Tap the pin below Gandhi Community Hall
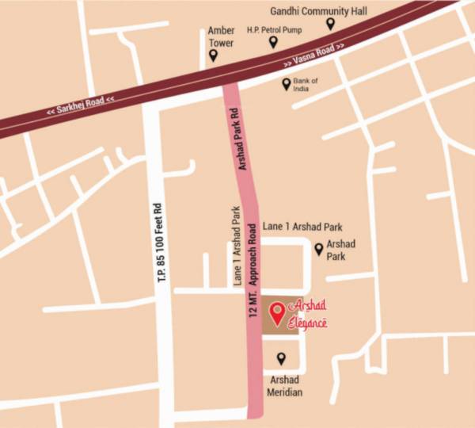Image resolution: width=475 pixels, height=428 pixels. click(x=330, y=24)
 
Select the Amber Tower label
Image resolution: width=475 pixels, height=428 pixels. click(x=221, y=36)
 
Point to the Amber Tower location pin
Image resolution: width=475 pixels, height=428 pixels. click(x=213, y=55)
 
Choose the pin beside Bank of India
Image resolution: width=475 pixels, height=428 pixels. click(x=287, y=84)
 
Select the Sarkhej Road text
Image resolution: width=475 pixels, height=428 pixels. click(x=80, y=105)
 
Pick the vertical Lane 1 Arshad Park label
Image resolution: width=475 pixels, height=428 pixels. click(x=236, y=246)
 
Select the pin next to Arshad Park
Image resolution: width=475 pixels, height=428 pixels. click(x=319, y=250)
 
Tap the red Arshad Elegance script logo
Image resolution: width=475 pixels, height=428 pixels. click(x=309, y=314)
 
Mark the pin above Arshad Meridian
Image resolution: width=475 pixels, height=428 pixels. click(x=279, y=359)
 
